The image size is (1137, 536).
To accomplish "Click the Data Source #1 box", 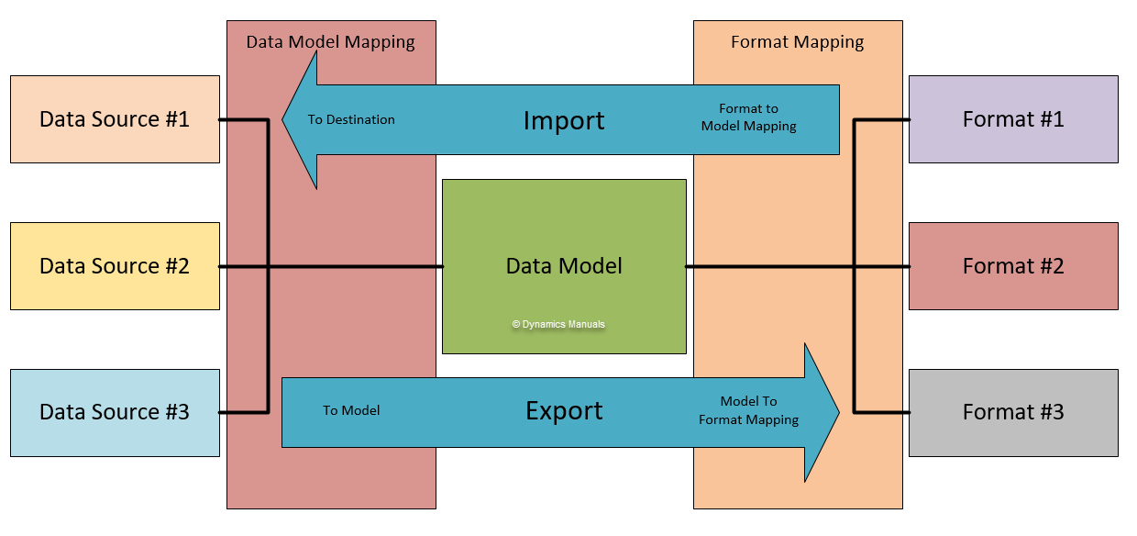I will [115, 119].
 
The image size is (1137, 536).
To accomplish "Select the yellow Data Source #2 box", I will [115, 266].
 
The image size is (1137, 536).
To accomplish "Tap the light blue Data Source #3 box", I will [115, 412].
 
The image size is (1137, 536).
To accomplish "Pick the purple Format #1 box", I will [1013, 119].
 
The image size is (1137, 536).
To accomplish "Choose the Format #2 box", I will [1013, 266].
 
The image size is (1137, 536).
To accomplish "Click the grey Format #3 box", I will [1013, 412].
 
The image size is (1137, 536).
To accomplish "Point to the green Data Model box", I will [564, 266].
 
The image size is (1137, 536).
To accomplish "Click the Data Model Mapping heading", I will [331, 42].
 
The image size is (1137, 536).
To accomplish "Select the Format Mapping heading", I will [797, 42].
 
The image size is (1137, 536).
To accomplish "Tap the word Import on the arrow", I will [564, 120].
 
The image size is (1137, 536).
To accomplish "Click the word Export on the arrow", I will [564, 411].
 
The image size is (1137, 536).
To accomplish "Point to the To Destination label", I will [351, 119].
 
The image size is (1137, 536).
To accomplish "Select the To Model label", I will [351, 410].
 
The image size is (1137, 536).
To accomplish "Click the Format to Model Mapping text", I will [748, 117].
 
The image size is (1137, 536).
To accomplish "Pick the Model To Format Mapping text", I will [748, 410].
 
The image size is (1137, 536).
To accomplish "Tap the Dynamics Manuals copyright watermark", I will [558, 324].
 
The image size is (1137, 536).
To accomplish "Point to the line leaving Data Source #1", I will [243, 119].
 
